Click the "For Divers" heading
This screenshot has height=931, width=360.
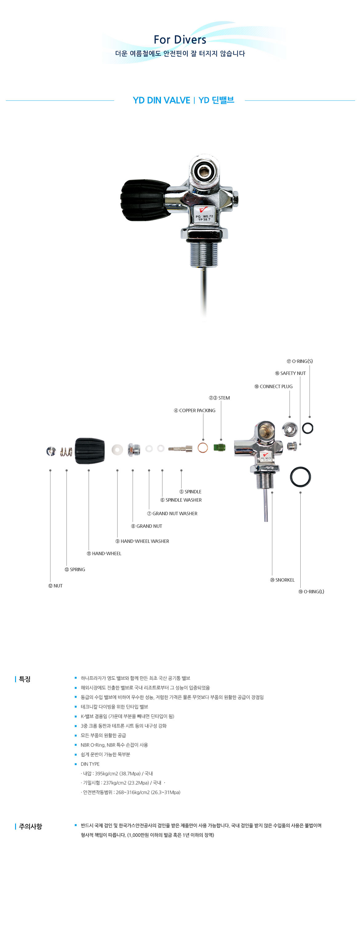click(180, 39)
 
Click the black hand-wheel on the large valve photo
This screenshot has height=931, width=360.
click(145, 200)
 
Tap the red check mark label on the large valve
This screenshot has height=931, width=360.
click(203, 210)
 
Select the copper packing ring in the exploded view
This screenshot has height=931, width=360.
click(203, 448)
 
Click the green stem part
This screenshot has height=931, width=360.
click(219, 448)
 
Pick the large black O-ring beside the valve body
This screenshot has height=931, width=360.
click(300, 476)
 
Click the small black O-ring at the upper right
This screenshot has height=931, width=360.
click(308, 428)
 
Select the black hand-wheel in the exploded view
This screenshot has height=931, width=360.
click(90, 450)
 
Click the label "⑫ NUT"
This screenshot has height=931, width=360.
click(55, 586)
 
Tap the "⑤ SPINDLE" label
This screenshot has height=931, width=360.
click(190, 491)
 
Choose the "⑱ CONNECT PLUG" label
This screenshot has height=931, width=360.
click(273, 386)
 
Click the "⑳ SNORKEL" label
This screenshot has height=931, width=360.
click(282, 580)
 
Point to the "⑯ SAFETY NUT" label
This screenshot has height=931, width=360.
click(290, 373)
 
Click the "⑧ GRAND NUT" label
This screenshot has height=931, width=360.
click(146, 526)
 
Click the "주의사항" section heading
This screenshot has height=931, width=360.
click(30, 826)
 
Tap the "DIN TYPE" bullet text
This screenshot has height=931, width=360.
click(90, 764)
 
